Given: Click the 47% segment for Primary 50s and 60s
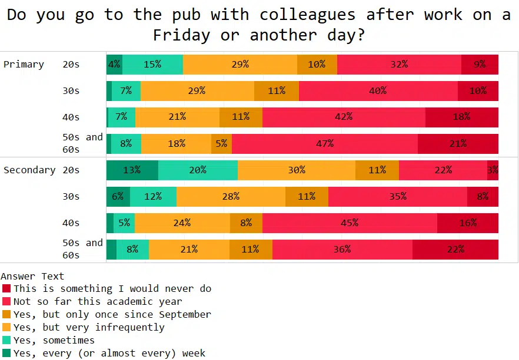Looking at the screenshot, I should point(325,143).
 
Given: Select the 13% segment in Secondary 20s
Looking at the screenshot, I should point(132,170).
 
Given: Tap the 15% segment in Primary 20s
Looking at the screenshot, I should point(152,64).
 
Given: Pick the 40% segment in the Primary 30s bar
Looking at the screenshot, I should point(378,90).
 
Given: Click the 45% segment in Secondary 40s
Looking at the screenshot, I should point(350,223).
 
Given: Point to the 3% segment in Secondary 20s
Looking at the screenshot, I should point(493,170).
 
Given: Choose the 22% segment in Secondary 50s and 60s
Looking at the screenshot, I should point(455,249).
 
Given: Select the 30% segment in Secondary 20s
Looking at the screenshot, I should point(297,170).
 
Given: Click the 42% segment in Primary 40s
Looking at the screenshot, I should point(344,117).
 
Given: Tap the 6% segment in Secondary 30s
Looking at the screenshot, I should point(118,196).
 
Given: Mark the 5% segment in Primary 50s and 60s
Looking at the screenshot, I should point(221,143).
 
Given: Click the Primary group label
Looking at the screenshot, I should point(24,64).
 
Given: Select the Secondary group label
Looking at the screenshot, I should point(29,170).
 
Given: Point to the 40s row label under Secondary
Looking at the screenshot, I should point(71,223).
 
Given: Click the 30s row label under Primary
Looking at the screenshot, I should point(71,90).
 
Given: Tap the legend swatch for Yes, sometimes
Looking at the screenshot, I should point(6,340).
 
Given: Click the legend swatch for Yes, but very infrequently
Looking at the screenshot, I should point(6,327).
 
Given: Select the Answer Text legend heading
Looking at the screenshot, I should point(32,275).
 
